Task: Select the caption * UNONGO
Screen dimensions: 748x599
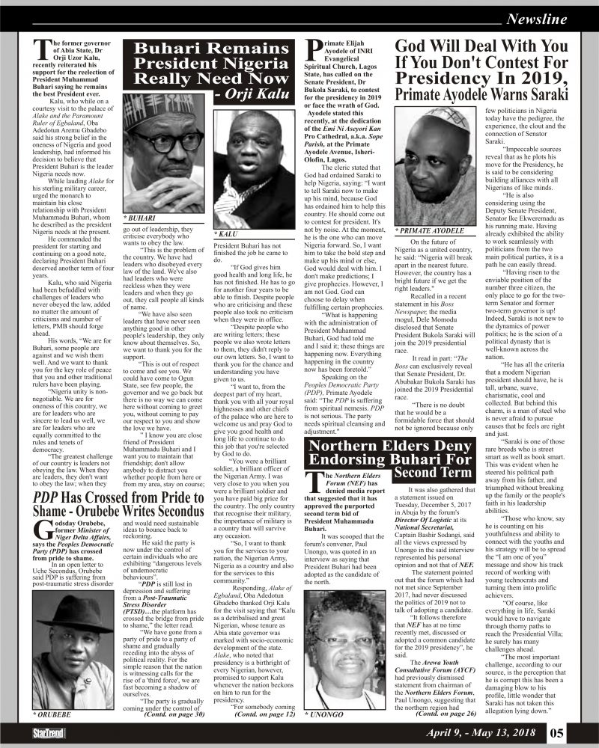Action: (325, 715)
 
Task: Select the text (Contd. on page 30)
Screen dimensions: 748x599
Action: (176, 714)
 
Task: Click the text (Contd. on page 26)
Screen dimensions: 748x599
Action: (445, 714)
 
